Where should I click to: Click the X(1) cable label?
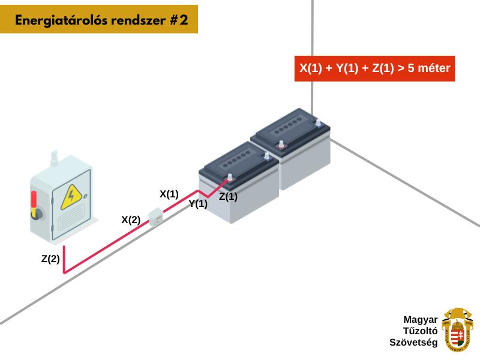click(x=169, y=194)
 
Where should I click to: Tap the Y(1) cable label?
click(x=198, y=204)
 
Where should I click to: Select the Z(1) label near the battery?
click(x=228, y=197)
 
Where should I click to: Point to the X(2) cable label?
click(x=131, y=220)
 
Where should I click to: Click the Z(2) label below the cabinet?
click(x=50, y=259)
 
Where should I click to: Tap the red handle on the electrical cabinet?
click(x=34, y=200)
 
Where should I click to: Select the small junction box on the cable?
click(x=155, y=217)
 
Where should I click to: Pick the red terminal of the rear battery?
click(x=281, y=145)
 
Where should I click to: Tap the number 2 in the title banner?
click(x=184, y=20)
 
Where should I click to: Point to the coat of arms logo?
click(x=457, y=330)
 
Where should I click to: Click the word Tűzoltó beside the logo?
click(x=420, y=331)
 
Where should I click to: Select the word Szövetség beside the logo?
click(x=413, y=342)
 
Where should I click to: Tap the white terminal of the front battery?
click(x=266, y=157)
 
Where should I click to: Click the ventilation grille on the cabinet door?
click(x=71, y=217)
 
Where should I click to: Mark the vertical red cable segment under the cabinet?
click(x=64, y=259)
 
